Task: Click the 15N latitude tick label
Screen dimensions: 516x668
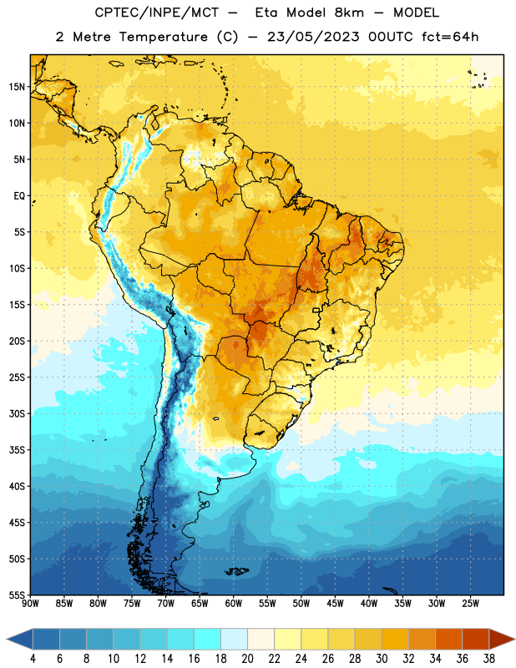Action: point(17,87)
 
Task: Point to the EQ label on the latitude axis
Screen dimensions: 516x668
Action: point(19,196)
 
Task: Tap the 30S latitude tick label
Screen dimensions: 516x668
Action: point(17,413)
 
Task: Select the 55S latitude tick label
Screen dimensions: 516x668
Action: point(17,595)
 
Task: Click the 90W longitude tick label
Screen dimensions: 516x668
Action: point(30,604)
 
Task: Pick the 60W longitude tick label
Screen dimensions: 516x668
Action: point(234,604)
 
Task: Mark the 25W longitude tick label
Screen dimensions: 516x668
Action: point(470,604)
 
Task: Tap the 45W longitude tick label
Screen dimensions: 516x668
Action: point(335,604)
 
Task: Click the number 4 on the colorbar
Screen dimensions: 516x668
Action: point(33,659)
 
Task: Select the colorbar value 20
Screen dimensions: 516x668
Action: point(247,659)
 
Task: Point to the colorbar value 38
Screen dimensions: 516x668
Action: point(489,659)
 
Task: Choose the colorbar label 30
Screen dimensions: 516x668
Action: point(382,659)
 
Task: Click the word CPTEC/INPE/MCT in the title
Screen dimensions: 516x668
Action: point(156,13)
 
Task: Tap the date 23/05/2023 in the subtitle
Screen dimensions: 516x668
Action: point(313,37)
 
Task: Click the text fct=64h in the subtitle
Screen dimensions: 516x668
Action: point(450,37)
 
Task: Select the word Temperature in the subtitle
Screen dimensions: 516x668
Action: point(163,37)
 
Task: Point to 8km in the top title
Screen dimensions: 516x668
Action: point(349,13)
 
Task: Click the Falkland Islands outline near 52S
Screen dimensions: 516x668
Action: point(237,571)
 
